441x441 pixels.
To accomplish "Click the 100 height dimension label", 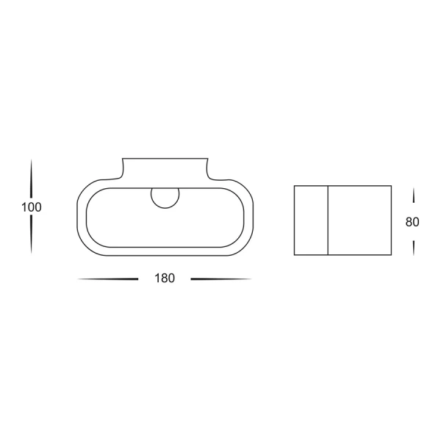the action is click(x=32, y=207).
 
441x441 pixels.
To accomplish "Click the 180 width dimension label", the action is click(x=165, y=278).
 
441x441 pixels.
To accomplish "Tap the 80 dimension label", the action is click(x=412, y=222).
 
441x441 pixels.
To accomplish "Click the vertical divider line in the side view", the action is click(x=328, y=220).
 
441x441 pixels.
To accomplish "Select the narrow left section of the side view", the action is click(x=311, y=220).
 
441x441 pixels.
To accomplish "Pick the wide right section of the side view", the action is click(x=359, y=220).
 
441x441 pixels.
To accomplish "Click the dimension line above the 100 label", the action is click(x=31, y=179).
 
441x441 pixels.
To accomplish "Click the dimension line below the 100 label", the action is click(x=31, y=234).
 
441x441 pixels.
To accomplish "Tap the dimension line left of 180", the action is click(x=108, y=279).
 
